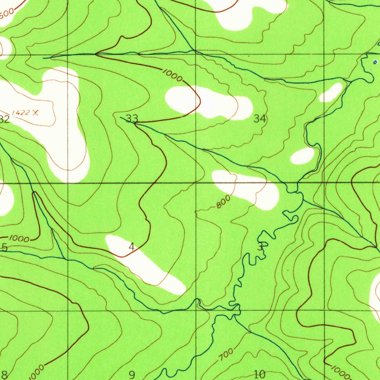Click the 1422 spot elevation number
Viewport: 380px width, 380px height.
point(20,113)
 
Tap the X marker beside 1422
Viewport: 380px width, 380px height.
point(35,112)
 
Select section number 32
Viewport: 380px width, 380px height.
point(4,119)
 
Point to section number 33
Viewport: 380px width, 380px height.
point(132,118)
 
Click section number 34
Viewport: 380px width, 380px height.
point(260,119)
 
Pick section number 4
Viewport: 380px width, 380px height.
point(131,246)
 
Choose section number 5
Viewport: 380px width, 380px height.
point(4,248)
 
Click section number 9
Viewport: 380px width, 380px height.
point(132,374)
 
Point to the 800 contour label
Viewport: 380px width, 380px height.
point(223,202)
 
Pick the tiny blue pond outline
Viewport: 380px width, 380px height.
point(375,62)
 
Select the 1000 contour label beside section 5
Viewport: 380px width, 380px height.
point(19,239)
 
